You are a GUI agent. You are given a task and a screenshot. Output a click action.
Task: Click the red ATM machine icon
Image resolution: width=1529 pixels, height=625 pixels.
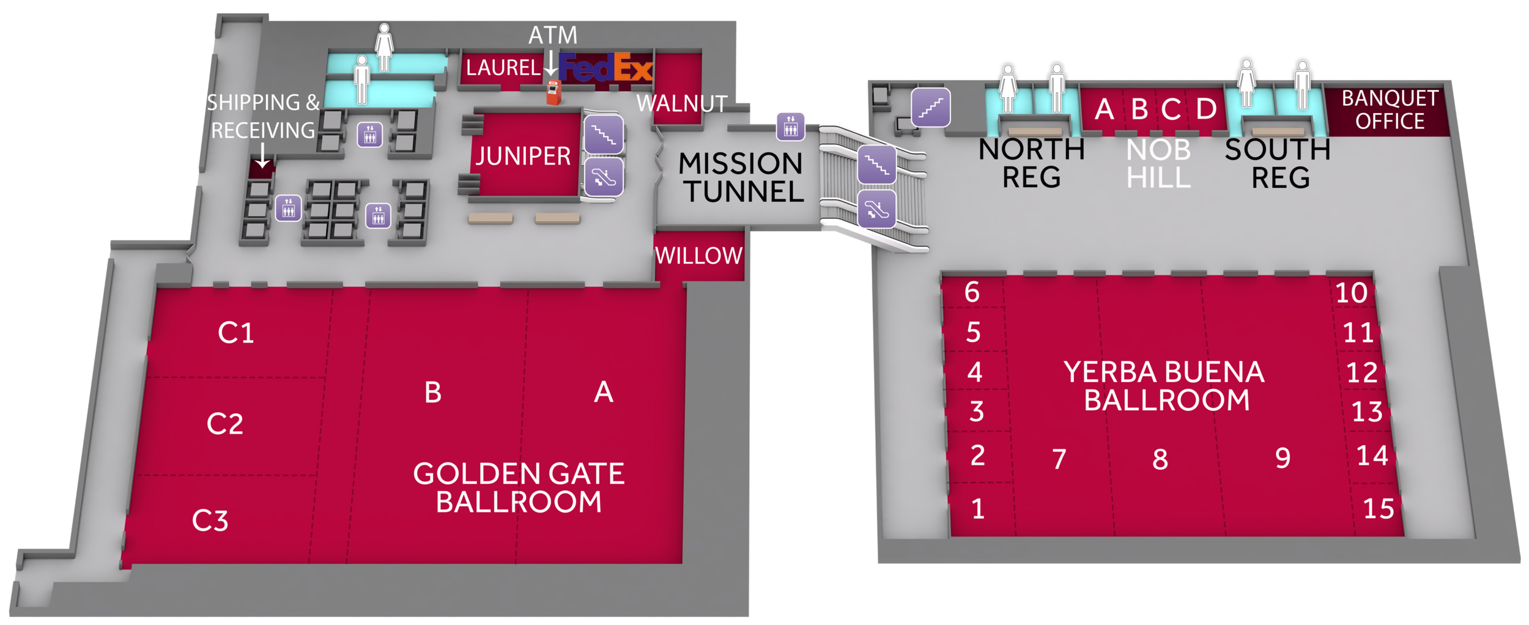click(x=553, y=92)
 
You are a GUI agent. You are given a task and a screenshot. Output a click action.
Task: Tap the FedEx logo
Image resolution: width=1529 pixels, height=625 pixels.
click(x=605, y=67)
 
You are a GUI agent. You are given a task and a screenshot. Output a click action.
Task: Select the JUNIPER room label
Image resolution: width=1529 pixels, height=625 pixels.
click(x=523, y=156)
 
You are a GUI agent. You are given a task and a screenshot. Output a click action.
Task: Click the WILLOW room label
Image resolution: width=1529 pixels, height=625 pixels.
click(x=698, y=256)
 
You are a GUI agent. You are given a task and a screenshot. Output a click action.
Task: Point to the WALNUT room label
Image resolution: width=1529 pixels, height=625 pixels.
click(x=682, y=103)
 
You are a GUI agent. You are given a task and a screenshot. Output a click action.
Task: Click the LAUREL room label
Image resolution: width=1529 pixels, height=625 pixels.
click(x=503, y=67)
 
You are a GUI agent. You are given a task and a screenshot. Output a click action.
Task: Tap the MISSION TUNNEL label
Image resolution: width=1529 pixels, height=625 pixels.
click(x=741, y=178)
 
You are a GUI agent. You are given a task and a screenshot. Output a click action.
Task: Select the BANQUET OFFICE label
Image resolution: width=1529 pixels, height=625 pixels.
click(x=1390, y=110)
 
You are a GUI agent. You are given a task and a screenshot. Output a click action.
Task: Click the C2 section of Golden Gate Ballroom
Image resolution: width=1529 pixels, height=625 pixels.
click(x=224, y=424)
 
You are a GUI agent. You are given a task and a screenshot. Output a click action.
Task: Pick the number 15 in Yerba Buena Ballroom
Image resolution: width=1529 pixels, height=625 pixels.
click(x=1379, y=509)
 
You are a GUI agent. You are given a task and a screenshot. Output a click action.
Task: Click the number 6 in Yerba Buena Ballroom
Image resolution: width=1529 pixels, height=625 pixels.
click(x=972, y=292)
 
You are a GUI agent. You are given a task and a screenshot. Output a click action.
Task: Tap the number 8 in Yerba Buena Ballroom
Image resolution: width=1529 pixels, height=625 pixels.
click(x=1160, y=459)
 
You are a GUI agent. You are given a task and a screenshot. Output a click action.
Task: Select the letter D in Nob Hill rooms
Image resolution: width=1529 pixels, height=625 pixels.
click(x=1206, y=109)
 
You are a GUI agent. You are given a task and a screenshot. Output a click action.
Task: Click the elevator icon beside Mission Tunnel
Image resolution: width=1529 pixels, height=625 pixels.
click(x=791, y=126)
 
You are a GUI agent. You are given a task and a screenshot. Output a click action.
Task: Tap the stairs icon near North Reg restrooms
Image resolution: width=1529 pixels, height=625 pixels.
click(x=930, y=108)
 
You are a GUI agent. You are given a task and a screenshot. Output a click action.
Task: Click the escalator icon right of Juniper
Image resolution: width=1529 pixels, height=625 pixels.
click(x=604, y=177)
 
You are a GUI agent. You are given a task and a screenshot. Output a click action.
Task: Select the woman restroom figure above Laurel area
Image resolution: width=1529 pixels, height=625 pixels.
click(x=383, y=48)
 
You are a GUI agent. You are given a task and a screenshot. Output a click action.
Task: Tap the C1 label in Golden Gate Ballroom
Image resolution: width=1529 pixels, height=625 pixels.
click(x=235, y=333)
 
